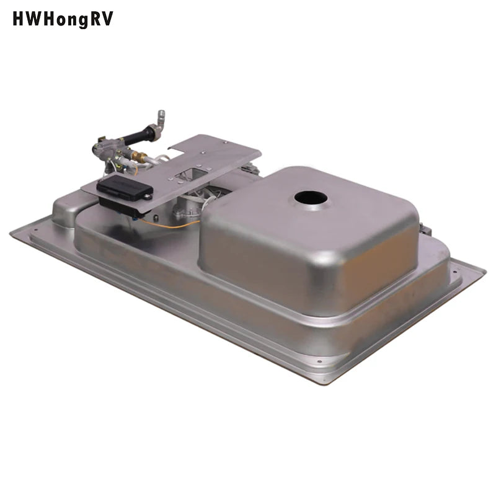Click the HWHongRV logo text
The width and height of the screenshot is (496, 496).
click(63, 19)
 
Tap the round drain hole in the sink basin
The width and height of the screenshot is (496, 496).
click(311, 198)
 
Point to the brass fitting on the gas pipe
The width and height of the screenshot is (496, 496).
click(139, 157)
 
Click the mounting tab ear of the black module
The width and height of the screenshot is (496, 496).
click(148, 197)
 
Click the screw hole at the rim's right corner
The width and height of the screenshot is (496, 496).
click(454, 271)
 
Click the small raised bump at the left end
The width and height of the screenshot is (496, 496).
click(63, 205)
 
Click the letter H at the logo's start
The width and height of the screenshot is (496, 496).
click(18, 19)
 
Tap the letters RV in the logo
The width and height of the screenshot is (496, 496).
click(102, 19)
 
